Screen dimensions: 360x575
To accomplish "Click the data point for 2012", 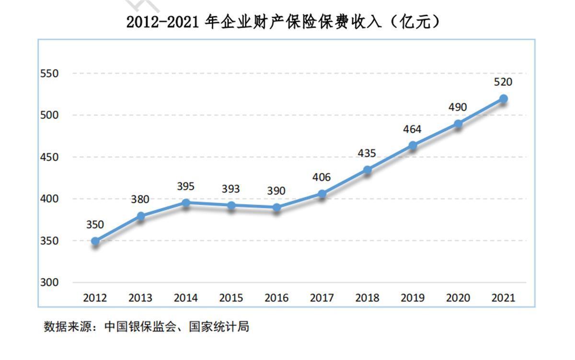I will coord(95,241).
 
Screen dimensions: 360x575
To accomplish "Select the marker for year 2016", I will coord(276,208).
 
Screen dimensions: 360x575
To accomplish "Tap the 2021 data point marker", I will coord(503,99).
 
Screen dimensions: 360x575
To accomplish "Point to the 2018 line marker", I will coord(367,170).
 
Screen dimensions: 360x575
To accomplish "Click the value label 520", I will coord(503,82).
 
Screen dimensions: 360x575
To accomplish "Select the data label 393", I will coord(230,189).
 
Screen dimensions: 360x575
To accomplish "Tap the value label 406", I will coord(321,177).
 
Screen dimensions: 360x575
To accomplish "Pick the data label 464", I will coord(412,129).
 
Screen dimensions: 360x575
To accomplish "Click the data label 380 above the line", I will coord(140,199).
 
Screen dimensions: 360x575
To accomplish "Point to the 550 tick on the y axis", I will coord(50,74).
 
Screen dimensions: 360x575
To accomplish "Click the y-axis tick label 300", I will coord(50,282).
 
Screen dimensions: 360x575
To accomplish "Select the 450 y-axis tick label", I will coord(50,157).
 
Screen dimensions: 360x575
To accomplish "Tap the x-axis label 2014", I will coord(185,298).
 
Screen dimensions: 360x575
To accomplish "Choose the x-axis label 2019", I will coord(412,298).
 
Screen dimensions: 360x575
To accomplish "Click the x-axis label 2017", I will coord(322,298).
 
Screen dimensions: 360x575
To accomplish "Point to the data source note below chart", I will coord(147,327).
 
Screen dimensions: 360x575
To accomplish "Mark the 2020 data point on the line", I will coord(458,124).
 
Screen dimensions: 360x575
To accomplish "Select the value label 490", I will coord(458,107).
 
